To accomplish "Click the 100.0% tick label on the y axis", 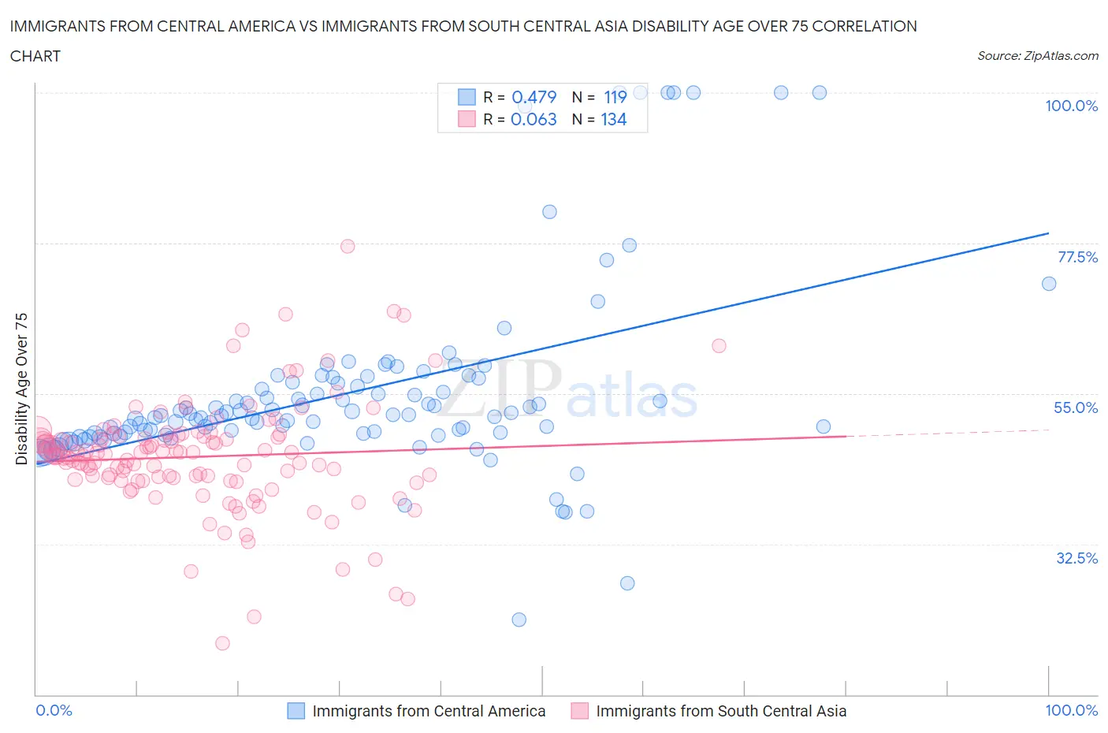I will (x=1071, y=106).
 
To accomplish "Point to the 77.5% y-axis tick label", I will (x=1077, y=257).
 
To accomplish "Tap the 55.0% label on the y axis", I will (x=1076, y=407).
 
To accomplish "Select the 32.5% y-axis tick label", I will (x=1076, y=558).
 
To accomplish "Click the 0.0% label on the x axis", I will (x=54, y=710).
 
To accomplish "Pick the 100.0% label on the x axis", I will (x=1071, y=710).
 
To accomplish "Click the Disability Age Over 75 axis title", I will (x=21, y=388).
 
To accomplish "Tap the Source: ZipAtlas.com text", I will (x=1037, y=56).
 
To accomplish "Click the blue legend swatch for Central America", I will (x=296, y=711).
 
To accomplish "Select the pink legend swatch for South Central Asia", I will (x=579, y=711).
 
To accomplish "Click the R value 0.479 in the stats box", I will (x=534, y=97).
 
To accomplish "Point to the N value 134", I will (x=613, y=119).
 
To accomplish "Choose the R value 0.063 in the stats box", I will (x=534, y=119).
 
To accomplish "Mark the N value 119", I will (x=615, y=97).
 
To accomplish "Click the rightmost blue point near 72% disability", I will (x=1048, y=284).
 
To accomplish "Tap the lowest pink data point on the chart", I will (x=222, y=643).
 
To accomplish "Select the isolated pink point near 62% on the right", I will (x=719, y=345).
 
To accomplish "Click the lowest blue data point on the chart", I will (x=519, y=620).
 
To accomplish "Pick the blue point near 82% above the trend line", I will (x=549, y=212).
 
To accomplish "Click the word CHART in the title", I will (x=35, y=56).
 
